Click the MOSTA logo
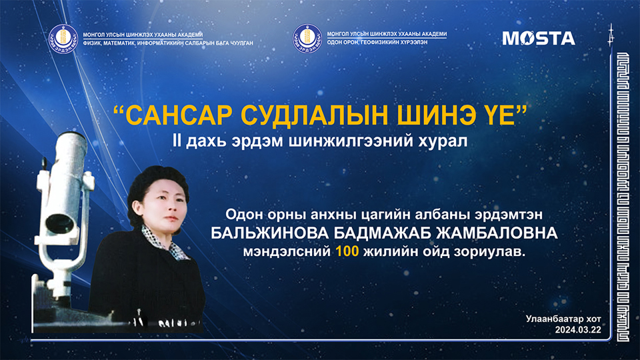pyautogui.click(x=538, y=39)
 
